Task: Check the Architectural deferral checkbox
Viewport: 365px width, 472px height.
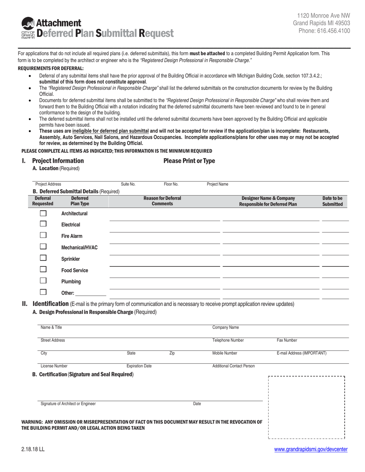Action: click(43, 213)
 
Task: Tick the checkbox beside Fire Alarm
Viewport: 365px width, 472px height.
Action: click(43, 236)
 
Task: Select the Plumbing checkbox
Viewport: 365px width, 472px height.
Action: click(43, 281)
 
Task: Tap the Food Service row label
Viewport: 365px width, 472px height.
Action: click(75, 271)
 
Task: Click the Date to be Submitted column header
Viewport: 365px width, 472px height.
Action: click(332, 201)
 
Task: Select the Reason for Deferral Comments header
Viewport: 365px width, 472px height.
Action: click(162, 201)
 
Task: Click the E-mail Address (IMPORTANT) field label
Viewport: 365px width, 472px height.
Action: click(302, 353)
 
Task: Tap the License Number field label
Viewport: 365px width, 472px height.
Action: click(54, 366)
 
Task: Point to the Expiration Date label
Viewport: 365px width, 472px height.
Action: click(139, 366)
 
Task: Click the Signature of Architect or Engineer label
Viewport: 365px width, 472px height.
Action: click(68, 404)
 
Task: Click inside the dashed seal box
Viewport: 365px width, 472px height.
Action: click(306, 407)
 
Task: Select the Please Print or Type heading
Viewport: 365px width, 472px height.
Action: click(189, 161)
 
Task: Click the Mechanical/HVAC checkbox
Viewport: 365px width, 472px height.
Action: click(43, 247)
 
